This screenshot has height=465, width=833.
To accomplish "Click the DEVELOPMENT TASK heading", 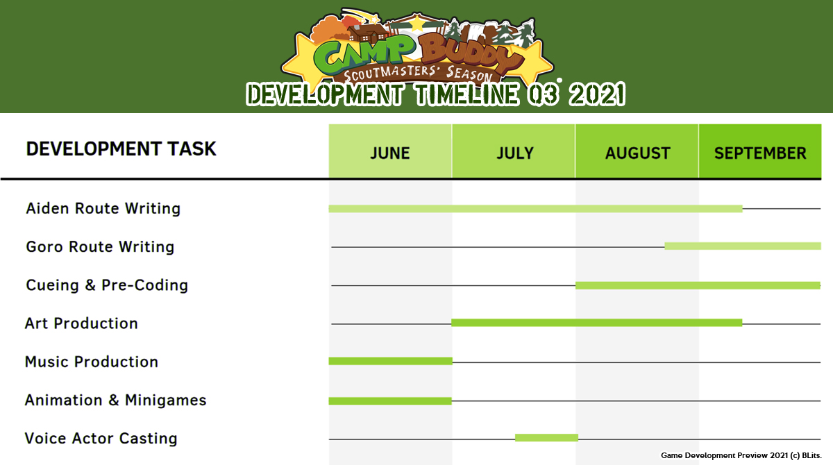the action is (121, 149).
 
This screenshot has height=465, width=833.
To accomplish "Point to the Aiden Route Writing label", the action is (103, 208).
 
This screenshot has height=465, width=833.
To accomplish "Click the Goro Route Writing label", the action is (100, 247).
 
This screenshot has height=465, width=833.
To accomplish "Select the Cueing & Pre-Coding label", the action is (107, 285).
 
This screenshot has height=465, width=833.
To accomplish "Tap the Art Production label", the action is (81, 323).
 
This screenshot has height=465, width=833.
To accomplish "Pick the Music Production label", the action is (92, 362).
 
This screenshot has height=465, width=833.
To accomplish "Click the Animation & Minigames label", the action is (116, 400).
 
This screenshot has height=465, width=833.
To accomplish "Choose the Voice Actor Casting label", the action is (101, 439).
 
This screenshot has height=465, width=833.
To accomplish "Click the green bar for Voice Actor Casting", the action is (547, 438).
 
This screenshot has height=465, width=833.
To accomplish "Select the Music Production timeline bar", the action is (390, 361).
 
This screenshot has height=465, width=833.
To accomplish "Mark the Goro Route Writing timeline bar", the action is (743, 246).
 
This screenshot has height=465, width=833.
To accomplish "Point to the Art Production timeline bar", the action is (597, 323).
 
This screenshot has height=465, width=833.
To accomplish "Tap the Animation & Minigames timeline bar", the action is (390, 400).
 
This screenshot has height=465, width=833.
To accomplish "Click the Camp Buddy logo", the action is (417, 46).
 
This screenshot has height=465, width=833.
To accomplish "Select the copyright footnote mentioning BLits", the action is (741, 455).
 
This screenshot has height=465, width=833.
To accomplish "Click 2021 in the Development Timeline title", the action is (597, 94).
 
